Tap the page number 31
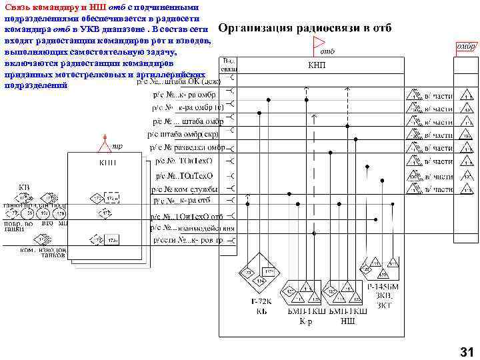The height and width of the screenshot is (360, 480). (x=465, y=351)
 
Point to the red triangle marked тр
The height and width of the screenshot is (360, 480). (x=105, y=142)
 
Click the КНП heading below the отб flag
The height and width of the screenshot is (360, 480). (x=316, y=65)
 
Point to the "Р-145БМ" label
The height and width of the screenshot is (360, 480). (x=383, y=287)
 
